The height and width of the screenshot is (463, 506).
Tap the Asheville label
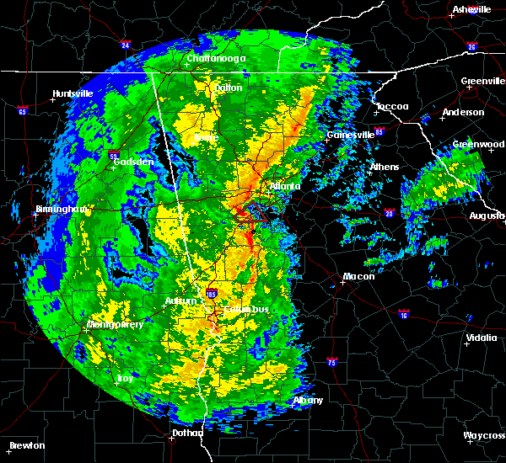(x=471, y=9)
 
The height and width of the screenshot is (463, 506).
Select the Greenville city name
(x=482, y=82)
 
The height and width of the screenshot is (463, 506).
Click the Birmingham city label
(x=38, y=209)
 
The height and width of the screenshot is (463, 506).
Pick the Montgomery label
(x=116, y=324)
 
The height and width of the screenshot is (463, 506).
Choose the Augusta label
(x=487, y=216)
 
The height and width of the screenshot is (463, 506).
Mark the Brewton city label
(x=27, y=445)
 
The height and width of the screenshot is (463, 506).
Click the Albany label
(x=308, y=401)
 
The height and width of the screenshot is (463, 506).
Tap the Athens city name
(x=384, y=167)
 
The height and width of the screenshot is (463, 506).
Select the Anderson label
(x=463, y=112)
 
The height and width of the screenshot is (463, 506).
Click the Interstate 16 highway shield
(x=402, y=313)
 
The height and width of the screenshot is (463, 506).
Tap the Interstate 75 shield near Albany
(x=331, y=363)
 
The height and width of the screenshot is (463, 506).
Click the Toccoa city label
(x=392, y=106)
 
